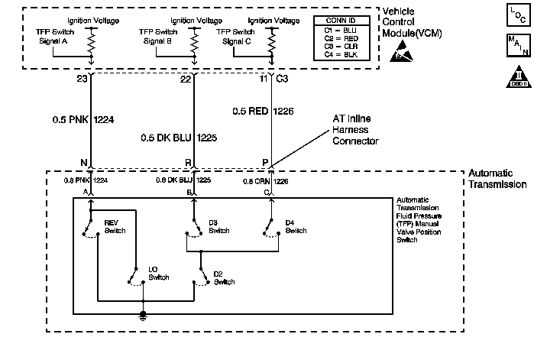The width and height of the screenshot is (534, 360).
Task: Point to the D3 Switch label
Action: (218, 226)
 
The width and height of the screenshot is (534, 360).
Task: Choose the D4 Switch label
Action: (295, 226)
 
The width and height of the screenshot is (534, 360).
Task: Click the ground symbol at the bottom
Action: (143, 315)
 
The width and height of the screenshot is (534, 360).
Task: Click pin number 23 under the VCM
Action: (83, 79)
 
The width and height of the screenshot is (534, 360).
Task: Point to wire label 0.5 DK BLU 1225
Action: (177, 138)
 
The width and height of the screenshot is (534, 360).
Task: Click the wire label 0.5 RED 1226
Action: (262, 112)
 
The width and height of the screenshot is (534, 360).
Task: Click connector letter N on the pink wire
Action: (83, 163)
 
